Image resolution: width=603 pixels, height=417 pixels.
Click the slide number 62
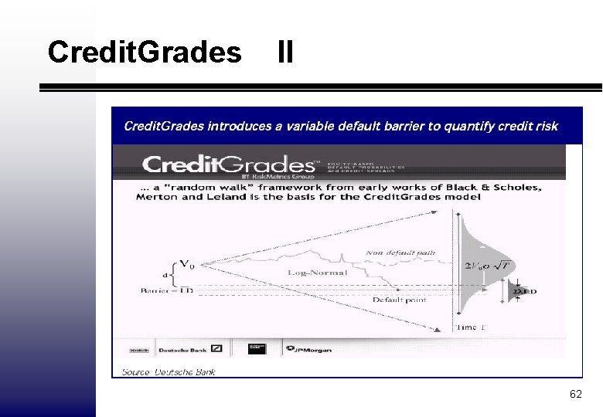click(x=575, y=395)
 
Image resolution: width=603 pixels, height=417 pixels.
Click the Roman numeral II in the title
click(x=284, y=53)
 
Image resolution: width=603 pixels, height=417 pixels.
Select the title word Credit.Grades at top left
click(x=144, y=53)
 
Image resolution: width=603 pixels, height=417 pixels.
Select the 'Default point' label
click(x=399, y=300)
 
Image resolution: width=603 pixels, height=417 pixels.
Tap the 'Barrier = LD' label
click(x=165, y=290)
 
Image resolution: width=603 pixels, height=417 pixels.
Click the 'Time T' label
click(x=471, y=327)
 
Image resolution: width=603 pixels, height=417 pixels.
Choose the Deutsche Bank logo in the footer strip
click(x=189, y=348)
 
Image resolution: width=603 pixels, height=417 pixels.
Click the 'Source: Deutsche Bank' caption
click(x=169, y=372)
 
